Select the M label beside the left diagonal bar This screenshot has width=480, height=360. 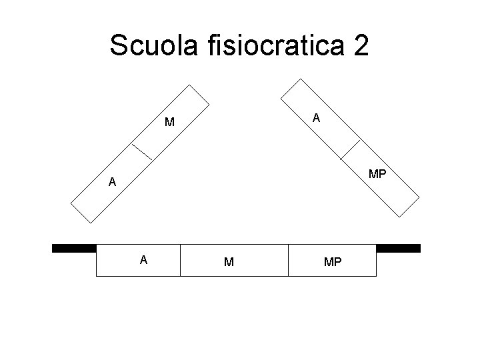pyautogui.click(x=170, y=122)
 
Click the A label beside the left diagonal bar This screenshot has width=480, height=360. pyautogui.click(x=113, y=181)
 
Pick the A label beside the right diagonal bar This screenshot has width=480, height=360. pyautogui.click(x=317, y=118)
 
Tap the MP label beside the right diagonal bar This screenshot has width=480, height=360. pyautogui.click(x=377, y=175)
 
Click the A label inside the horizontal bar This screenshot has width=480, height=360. pyautogui.click(x=143, y=260)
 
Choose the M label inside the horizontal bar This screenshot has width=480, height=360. pyautogui.click(x=229, y=262)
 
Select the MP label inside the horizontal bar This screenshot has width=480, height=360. pyautogui.click(x=333, y=262)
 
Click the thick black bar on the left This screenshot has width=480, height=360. pyautogui.click(x=74, y=248)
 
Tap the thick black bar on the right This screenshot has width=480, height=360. pyautogui.click(x=399, y=248)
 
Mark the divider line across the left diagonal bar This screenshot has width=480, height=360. pyautogui.click(x=141, y=151)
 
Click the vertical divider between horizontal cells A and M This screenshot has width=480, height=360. pyautogui.click(x=181, y=260)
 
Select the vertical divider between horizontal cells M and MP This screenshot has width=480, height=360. pyautogui.click(x=288, y=260)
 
